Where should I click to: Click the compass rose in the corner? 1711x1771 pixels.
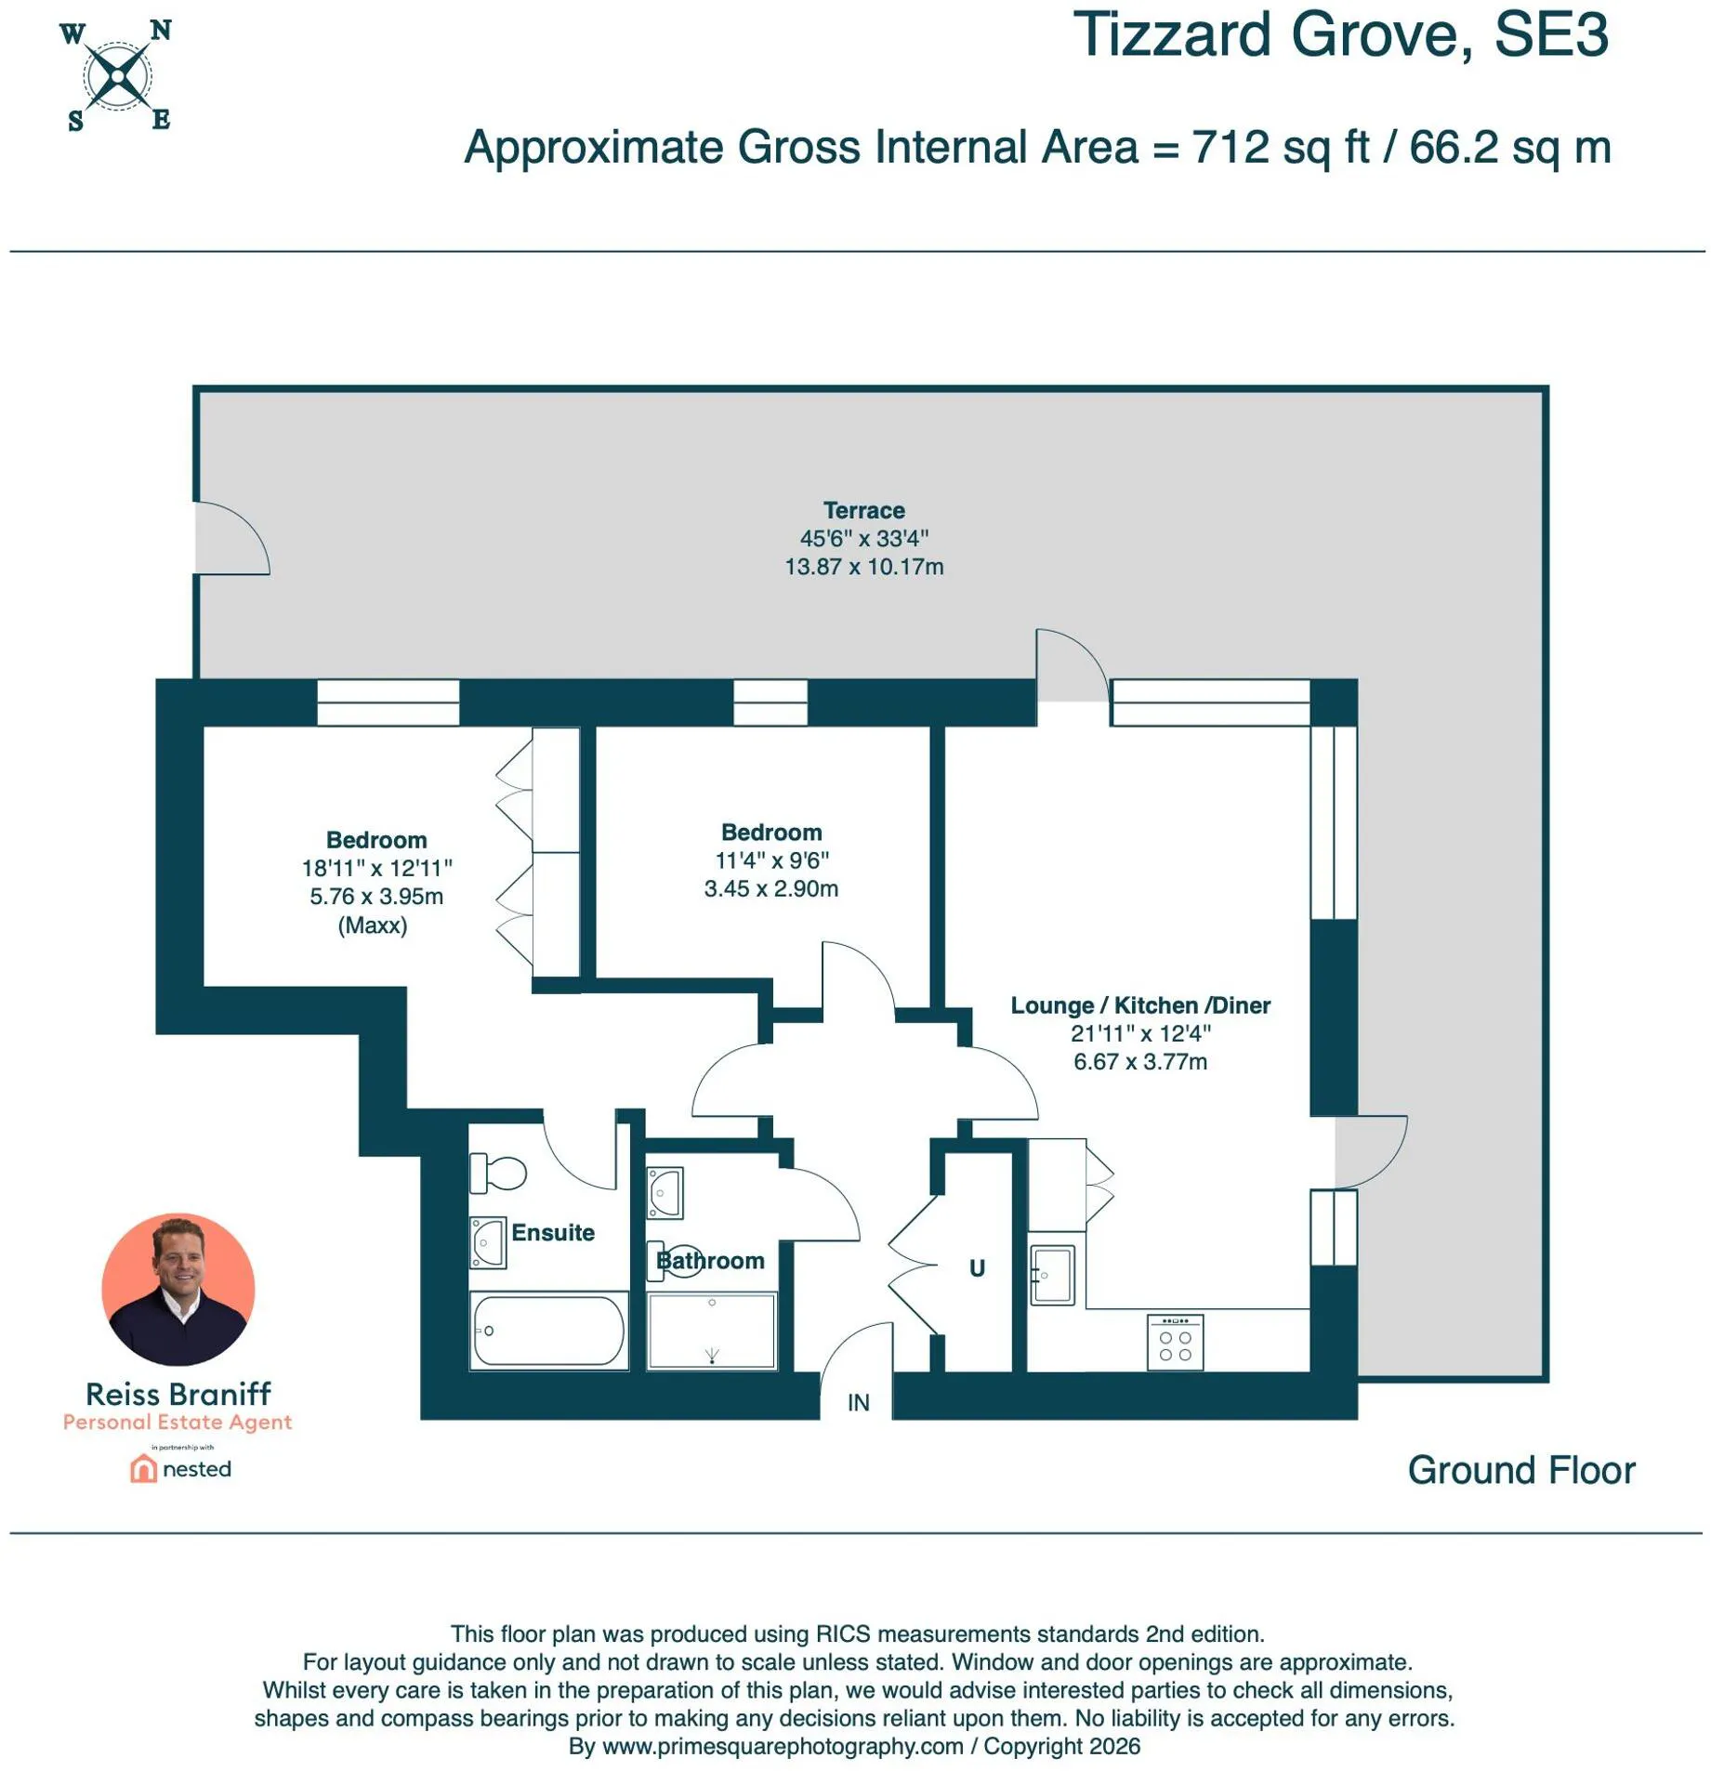pos(117,76)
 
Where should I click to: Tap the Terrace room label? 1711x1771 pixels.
pos(862,509)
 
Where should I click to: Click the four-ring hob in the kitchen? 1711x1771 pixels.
pos(1174,1341)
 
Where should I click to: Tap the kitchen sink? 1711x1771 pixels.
pos(1052,1273)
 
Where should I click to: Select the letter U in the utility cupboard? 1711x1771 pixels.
pos(976,1267)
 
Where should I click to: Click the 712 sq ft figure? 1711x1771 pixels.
pos(1281,147)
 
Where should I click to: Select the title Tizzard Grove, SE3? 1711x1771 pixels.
pos(1340,35)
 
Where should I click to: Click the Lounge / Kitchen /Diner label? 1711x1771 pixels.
pos(1139,1004)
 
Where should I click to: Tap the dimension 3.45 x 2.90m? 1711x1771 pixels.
pos(770,888)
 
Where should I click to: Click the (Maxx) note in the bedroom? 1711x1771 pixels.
pos(372,925)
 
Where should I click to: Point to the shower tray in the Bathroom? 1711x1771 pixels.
pos(711,1330)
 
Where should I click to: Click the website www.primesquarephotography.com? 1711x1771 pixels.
pos(783,1746)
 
